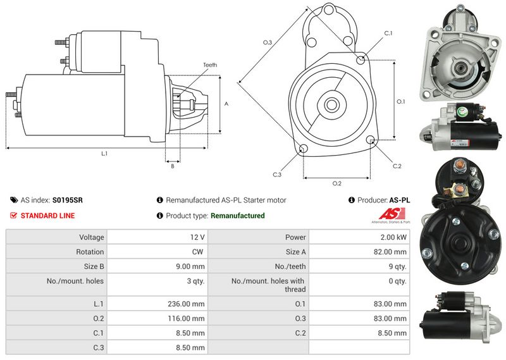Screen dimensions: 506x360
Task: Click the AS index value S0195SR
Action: pos(68,200)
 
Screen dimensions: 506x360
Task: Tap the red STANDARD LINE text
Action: pos(48,216)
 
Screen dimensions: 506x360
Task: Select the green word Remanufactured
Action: pos(238,216)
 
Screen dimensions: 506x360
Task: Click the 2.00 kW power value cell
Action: pos(359,237)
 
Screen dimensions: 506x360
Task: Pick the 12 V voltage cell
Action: pos(157,237)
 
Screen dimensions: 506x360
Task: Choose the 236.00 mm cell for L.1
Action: pos(157,304)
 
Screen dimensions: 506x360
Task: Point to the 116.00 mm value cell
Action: pos(157,318)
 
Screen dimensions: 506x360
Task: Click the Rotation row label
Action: pos(90,252)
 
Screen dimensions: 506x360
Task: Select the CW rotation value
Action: pos(197,252)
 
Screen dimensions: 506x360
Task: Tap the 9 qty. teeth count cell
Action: pos(359,266)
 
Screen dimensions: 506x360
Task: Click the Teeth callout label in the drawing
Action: pos(210,65)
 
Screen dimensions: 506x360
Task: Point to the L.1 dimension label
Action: pos(104,154)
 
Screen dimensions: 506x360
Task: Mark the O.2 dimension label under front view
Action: pos(337,183)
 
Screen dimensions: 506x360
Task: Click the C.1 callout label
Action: pos(388,33)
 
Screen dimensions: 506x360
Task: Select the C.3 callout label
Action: pos(277,175)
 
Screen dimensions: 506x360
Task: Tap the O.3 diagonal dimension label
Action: pos(268,42)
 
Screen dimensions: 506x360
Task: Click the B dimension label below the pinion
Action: pos(173,166)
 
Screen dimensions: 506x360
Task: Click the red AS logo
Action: pos(392,214)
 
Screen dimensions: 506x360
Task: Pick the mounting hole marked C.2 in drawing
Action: pos(371,139)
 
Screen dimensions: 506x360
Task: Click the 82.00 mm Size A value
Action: pos(390,252)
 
